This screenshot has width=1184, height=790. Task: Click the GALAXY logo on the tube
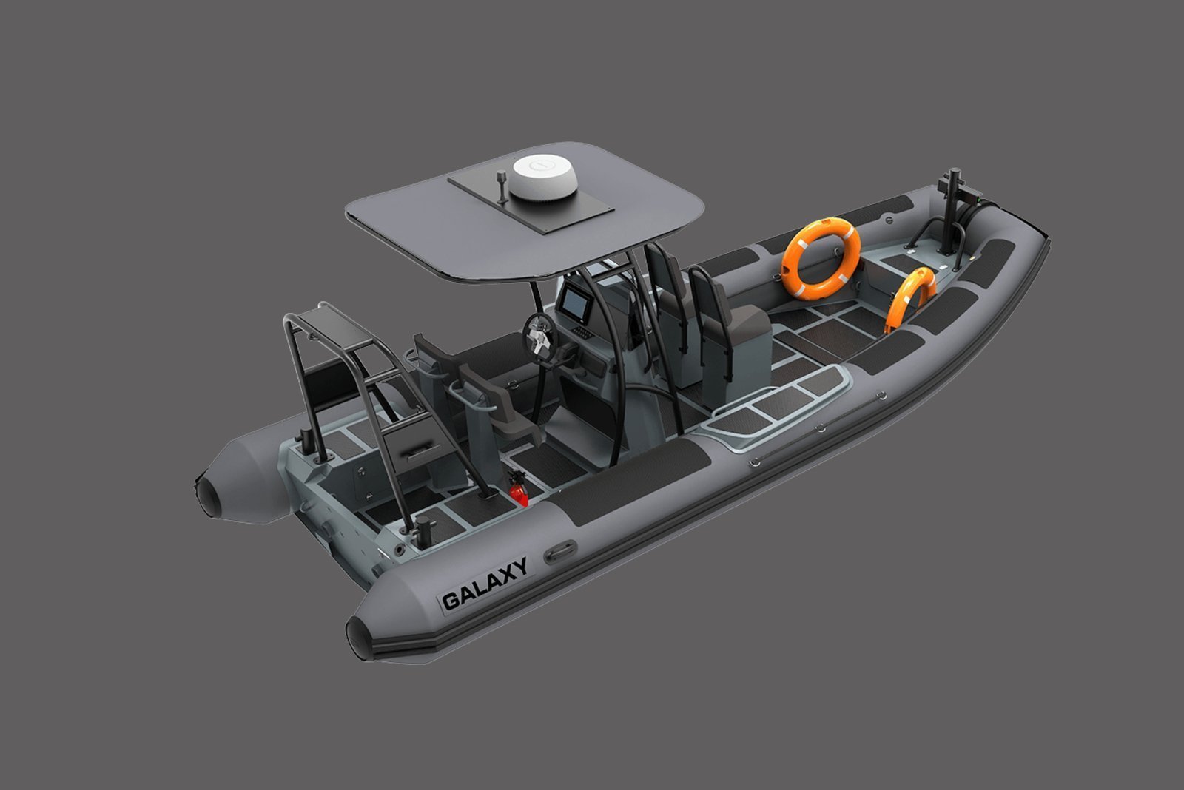click(x=485, y=584)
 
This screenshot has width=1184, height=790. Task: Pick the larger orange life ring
click(x=821, y=258)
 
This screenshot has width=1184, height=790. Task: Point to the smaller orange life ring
click(x=910, y=299)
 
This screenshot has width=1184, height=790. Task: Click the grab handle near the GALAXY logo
click(x=560, y=551)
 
